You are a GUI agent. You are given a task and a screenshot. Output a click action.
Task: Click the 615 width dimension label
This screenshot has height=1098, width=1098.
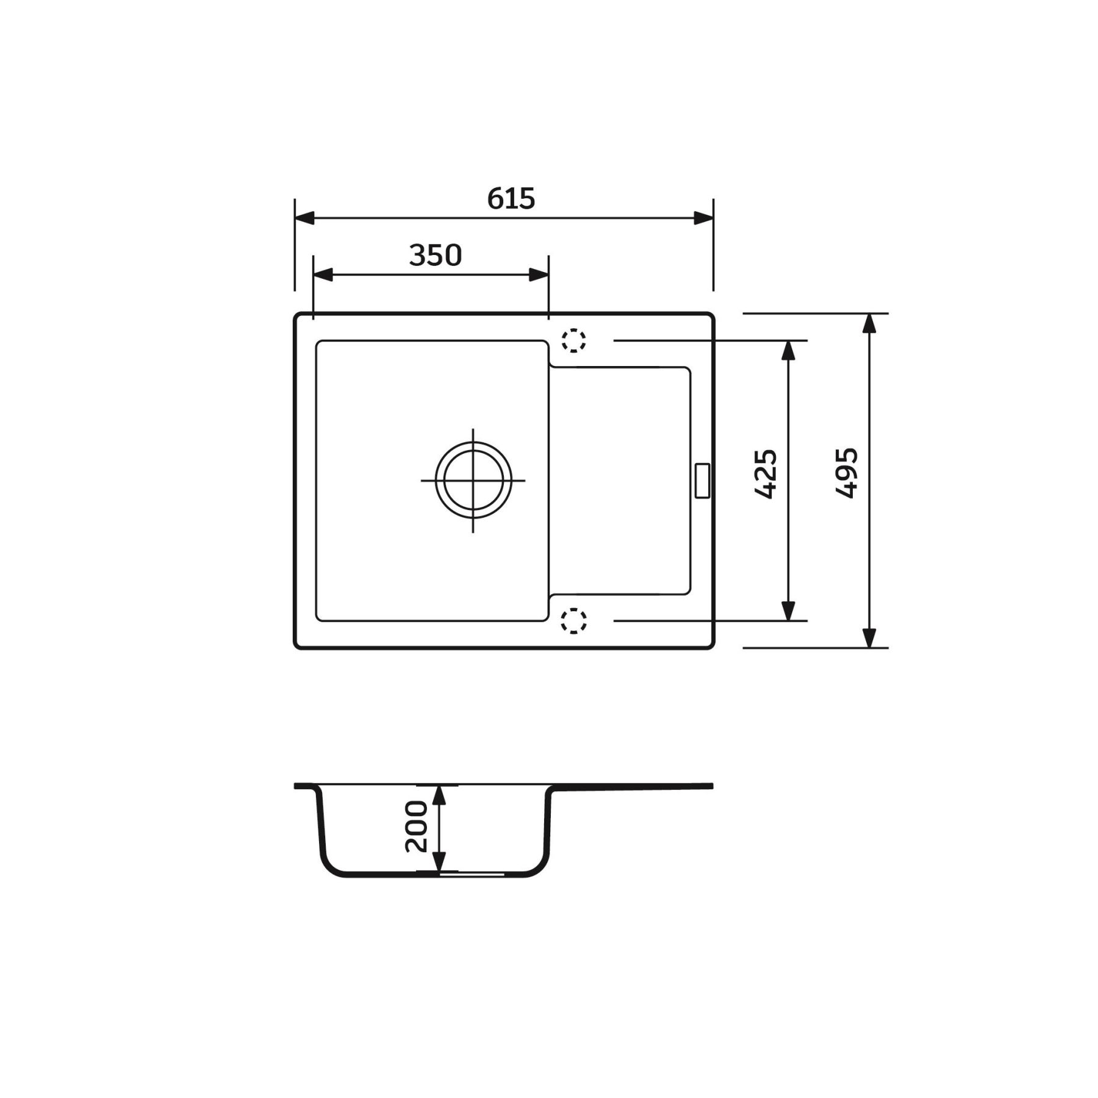point(511,199)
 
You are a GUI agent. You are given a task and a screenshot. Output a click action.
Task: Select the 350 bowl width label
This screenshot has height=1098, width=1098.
point(436,256)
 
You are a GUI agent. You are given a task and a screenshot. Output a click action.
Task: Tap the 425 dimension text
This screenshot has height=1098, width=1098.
point(766,474)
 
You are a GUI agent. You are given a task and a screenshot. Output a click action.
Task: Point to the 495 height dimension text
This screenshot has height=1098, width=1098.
point(847,473)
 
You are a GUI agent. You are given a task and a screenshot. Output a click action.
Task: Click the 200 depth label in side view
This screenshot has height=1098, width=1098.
point(417,827)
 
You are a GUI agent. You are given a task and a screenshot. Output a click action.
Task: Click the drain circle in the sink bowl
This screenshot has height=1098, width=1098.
point(473,480)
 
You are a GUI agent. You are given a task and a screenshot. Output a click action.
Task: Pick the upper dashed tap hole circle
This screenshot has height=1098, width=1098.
point(573,340)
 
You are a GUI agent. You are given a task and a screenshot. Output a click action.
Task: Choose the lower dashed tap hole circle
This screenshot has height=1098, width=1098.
point(573,620)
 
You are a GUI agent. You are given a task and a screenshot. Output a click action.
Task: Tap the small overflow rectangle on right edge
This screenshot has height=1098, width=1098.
point(703,481)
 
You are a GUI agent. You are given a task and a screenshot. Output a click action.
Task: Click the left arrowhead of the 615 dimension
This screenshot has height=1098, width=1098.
point(305,218)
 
